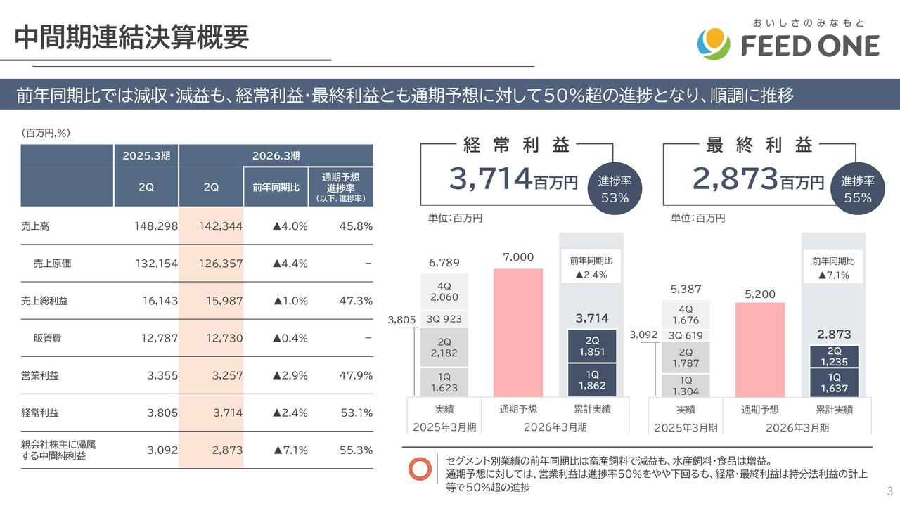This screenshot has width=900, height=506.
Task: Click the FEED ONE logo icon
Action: [x=714, y=44]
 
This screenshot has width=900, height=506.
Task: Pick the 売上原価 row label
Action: [x=52, y=264]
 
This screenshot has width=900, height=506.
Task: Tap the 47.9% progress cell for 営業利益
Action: [x=355, y=375]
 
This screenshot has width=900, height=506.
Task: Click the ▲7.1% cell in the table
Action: [x=290, y=450]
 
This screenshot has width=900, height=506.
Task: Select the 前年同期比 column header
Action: [x=276, y=188]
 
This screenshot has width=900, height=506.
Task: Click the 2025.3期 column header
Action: [x=146, y=155]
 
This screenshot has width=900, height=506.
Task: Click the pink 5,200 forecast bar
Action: [x=760, y=350]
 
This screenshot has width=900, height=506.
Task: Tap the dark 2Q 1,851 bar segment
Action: [x=592, y=346]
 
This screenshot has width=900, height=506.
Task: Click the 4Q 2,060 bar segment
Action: [x=444, y=292]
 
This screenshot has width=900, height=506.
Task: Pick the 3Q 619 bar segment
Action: [x=686, y=336]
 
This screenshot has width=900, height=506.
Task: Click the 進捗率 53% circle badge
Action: [x=615, y=189]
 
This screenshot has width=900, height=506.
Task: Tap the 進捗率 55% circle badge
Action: [x=857, y=189]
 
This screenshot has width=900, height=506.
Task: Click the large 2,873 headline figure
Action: [x=735, y=179]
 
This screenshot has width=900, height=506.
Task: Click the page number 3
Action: [x=889, y=491]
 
